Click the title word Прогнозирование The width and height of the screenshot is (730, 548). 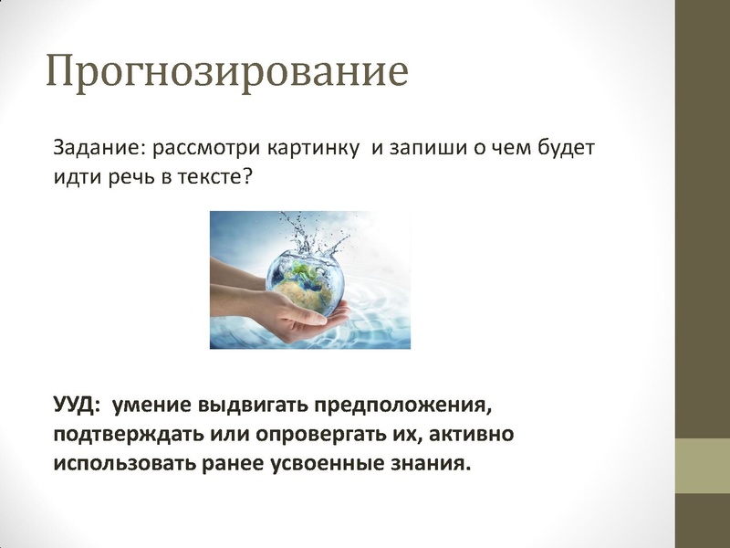[x=226, y=71]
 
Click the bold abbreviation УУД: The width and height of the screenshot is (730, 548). [x=78, y=403]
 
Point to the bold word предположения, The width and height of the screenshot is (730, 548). [x=406, y=403]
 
